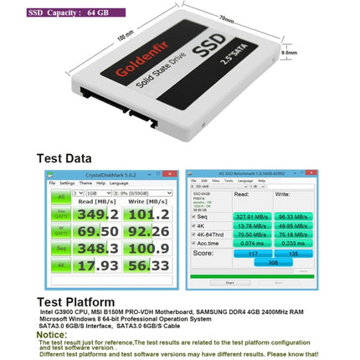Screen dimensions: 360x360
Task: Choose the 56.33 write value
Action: click(150, 266)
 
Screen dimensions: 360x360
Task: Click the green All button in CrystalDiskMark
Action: click(60, 198)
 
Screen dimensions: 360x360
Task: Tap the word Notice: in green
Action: click(55, 332)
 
